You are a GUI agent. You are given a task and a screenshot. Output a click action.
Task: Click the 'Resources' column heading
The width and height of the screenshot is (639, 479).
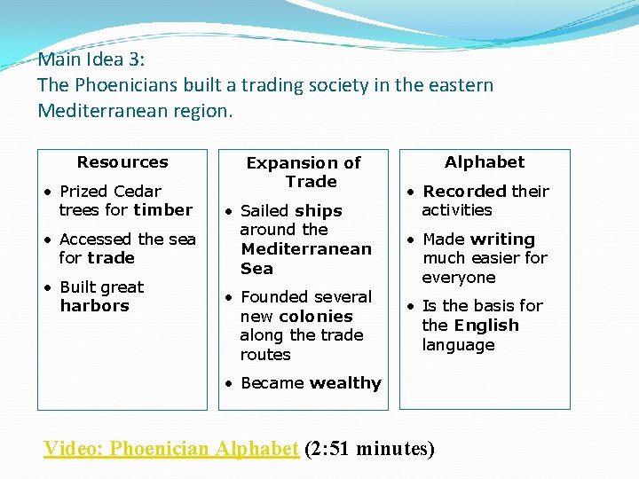click(122, 162)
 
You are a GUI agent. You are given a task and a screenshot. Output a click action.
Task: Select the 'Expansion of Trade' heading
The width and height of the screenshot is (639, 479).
click(304, 172)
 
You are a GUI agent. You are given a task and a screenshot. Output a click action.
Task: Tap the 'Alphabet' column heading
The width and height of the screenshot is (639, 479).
click(485, 162)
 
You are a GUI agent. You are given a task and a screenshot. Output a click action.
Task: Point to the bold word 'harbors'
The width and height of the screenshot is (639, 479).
click(94, 306)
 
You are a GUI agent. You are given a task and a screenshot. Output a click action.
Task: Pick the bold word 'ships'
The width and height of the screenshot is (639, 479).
click(319, 211)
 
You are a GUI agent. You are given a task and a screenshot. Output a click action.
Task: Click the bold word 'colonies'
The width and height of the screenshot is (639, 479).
click(316, 317)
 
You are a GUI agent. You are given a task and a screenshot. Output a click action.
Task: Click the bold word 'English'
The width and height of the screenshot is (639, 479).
click(486, 326)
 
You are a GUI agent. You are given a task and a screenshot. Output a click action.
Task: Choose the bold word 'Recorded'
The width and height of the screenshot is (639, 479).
click(464, 192)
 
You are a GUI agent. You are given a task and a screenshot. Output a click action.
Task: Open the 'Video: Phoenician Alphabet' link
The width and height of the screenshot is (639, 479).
click(171, 448)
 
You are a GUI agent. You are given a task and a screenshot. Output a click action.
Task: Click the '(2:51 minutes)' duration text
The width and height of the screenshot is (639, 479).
click(369, 448)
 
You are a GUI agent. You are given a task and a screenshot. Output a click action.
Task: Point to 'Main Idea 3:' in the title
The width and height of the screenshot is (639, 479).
click(91, 60)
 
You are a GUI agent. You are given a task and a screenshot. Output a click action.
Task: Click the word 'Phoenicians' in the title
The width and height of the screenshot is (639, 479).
click(125, 86)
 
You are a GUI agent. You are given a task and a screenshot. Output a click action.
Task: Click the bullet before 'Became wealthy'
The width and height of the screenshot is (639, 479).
click(229, 383)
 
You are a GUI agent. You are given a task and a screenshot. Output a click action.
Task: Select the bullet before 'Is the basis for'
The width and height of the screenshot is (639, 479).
click(411, 306)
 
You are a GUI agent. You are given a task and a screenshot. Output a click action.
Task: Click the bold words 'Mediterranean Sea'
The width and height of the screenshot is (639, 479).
click(305, 259)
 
